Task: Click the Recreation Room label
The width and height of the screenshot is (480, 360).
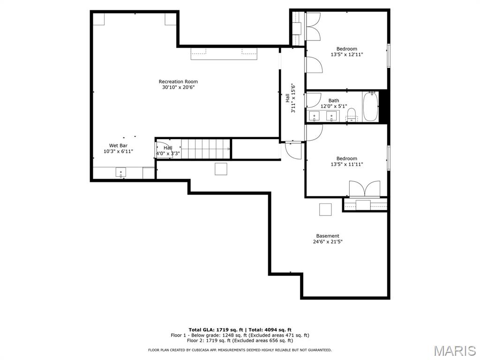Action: click(178, 82)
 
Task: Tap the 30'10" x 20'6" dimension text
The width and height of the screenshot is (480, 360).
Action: click(179, 87)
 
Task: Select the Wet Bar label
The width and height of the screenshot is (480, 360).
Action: click(118, 145)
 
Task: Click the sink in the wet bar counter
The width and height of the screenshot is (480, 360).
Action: click(121, 172)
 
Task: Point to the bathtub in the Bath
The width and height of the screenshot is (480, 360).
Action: click(370, 106)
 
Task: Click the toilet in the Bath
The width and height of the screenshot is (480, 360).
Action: click(352, 115)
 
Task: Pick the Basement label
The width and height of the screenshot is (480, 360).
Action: click(328, 236)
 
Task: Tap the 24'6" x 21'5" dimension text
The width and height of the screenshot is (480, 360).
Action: click(328, 241)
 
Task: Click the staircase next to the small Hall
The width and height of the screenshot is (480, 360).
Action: click(206, 149)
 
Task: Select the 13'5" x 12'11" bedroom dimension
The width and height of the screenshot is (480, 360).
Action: click(347, 54)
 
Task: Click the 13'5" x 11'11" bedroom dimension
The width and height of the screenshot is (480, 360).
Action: click(347, 164)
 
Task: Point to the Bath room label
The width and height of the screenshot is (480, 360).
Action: click(334, 100)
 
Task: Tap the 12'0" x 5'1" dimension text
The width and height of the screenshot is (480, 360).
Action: click(334, 106)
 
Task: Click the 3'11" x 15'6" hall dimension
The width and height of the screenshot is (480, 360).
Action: click(293, 98)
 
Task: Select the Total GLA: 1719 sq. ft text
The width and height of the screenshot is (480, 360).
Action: click(216, 330)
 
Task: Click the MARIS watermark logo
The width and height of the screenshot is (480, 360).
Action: click(455, 351)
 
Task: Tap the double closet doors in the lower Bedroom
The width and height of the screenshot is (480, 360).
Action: click(365, 188)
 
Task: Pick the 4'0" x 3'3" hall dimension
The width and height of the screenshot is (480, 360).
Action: click(168, 154)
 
